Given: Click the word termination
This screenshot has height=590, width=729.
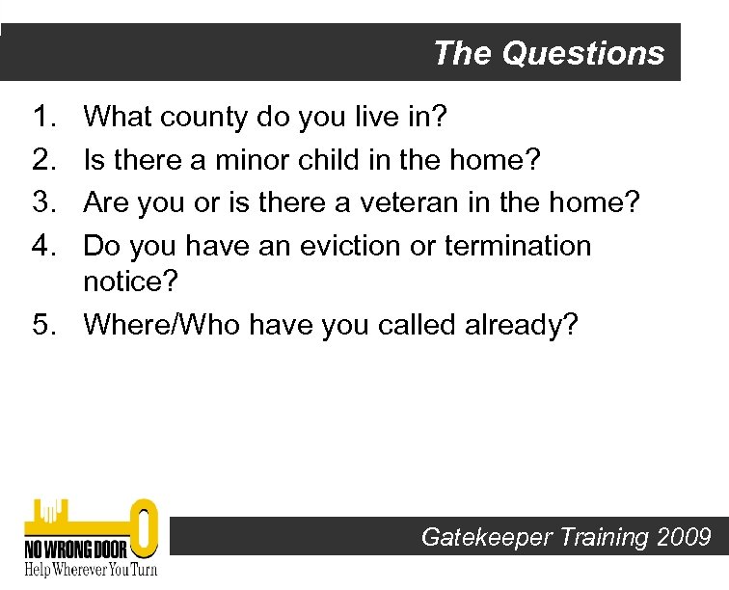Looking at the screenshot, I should tap(518, 246).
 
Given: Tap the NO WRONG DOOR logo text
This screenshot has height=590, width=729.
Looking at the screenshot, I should tap(73, 549).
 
